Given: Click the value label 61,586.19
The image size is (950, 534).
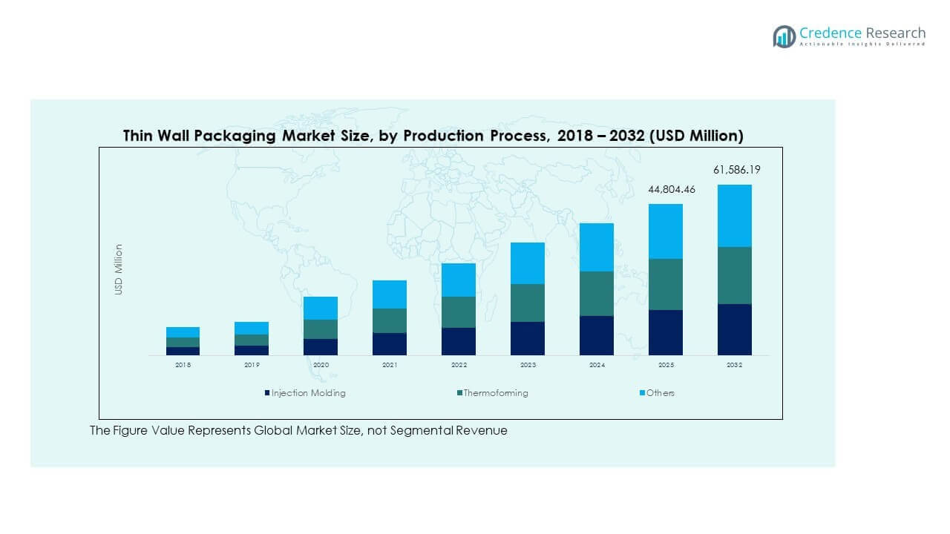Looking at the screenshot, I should pyautogui.click(x=736, y=170).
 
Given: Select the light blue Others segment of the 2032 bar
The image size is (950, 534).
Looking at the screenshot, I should pyautogui.click(x=734, y=216).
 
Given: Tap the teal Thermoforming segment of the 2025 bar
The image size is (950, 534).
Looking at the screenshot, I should pyautogui.click(x=666, y=284).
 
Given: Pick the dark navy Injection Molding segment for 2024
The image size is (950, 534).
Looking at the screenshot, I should pyautogui.click(x=597, y=335).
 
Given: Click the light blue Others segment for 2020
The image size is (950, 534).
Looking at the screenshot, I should pyautogui.click(x=321, y=308).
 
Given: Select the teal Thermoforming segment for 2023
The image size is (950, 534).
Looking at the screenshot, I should pyautogui.click(x=528, y=303).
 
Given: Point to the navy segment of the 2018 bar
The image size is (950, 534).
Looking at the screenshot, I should pyautogui.click(x=183, y=351).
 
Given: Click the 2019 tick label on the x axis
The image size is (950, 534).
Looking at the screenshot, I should pyautogui.click(x=252, y=366).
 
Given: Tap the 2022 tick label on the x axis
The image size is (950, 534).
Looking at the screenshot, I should pyautogui.click(x=459, y=366).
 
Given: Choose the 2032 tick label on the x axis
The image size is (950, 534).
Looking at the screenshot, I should pyautogui.click(x=735, y=366).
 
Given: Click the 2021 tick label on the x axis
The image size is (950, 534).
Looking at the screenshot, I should pyautogui.click(x=390, y=366).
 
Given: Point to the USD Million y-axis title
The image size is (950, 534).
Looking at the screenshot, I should pyautogui.click(x=119, y=270).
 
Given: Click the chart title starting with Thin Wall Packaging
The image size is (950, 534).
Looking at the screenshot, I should pyautogui.click(x=433, y=136).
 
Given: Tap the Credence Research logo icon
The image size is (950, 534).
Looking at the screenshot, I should pyautogui.click(x=784, y=36).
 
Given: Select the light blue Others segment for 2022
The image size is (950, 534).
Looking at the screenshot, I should pyautogui.click(x=459, y=280).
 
